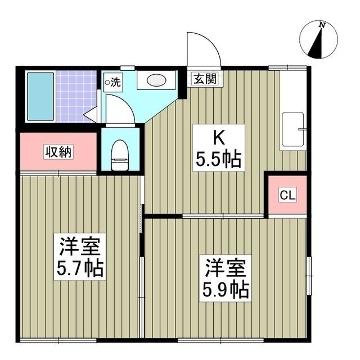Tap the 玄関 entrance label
coord(205,79)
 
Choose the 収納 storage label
coord(58,152)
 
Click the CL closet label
coord(287,196)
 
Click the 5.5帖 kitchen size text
coord(218,160)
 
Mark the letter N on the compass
coord(322,25)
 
